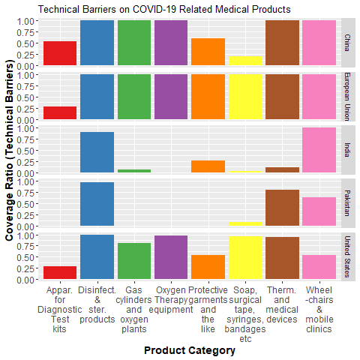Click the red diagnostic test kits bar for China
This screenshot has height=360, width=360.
[60, 53]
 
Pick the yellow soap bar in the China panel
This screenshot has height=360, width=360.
[245, 61]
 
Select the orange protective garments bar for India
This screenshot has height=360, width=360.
[208, 166]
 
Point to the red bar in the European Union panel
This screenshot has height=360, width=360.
[60, 113]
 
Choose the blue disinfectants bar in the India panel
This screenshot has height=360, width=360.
[97, 152]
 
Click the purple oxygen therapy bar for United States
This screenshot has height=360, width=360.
[171, 257]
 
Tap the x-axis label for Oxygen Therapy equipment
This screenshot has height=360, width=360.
[171, 295]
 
